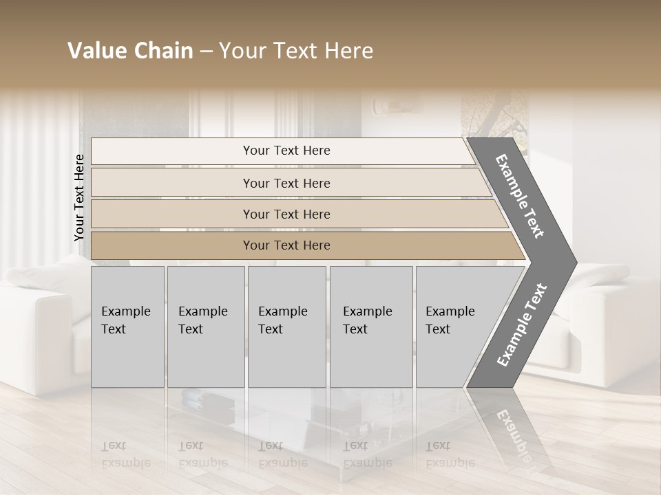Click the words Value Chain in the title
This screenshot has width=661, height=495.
130,51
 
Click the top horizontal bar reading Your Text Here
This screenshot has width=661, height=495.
286,151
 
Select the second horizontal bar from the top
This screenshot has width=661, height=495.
286,183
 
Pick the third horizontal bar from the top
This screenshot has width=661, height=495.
286,214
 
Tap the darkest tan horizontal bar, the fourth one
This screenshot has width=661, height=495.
286,245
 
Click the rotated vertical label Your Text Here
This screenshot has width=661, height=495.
79,197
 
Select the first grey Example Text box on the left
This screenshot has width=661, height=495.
127,327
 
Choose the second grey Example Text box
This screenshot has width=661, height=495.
205,327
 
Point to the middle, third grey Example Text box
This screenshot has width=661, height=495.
286,327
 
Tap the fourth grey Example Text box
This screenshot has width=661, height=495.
370,327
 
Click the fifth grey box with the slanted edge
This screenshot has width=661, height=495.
454,327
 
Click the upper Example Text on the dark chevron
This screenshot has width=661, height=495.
520,196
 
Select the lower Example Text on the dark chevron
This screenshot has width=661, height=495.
521,325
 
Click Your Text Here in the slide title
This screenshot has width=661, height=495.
296,51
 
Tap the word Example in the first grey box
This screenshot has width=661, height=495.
125,311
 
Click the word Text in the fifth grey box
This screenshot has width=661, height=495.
438,329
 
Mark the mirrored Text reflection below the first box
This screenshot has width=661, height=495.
114,445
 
